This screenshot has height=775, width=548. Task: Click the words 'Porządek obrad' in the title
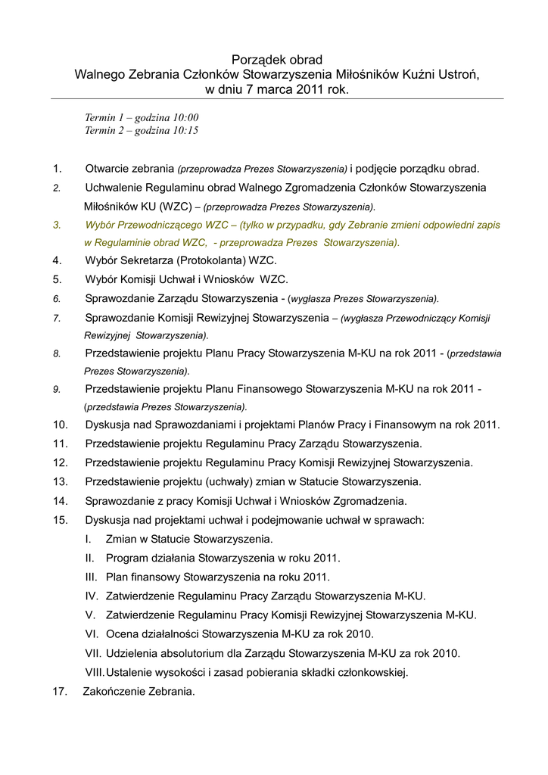[x=276, y=59]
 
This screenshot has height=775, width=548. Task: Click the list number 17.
[x=60, y=691]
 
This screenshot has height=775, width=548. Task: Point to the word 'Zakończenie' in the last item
[x=114, y=691]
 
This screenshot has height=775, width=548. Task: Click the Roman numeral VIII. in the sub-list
[x=95, y=672]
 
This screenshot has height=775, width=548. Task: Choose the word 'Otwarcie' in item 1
[x=108, y=169]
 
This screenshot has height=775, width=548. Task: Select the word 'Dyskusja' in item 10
[x=108, y=425]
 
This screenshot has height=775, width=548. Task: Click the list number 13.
[x=61, y=481]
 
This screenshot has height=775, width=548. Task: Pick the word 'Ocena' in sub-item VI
[x=122, y=634]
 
